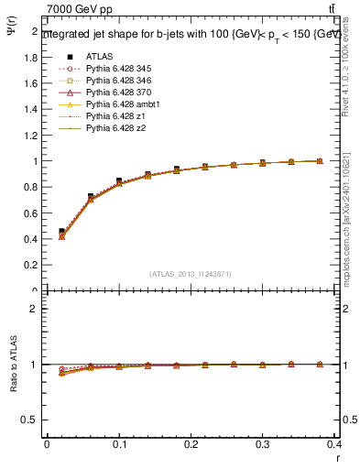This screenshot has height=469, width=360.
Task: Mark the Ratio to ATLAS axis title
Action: pos(13,365)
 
